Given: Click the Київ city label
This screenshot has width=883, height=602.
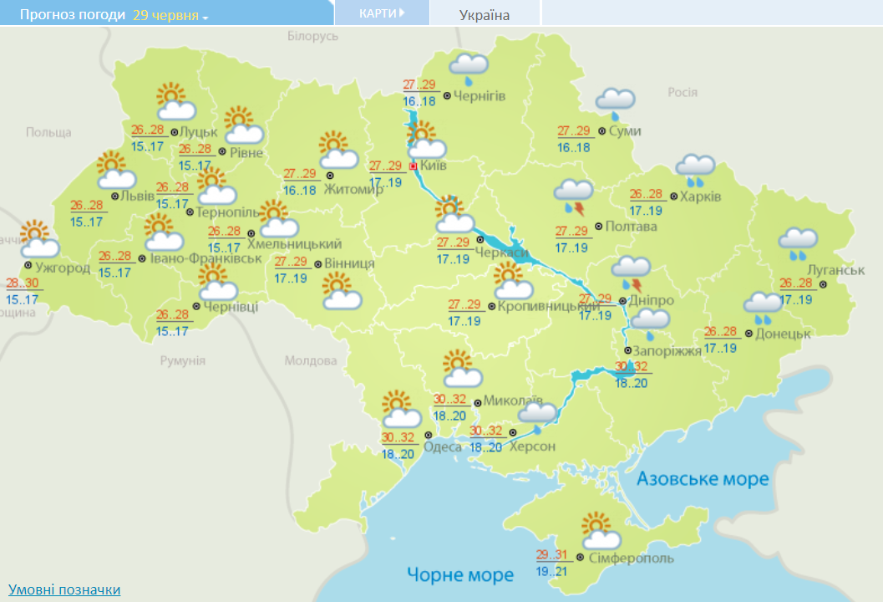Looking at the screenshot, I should pos(434,166).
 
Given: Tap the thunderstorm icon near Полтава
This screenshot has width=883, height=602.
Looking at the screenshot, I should pos(574,197).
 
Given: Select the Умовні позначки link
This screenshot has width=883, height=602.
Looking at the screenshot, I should pos(64,589).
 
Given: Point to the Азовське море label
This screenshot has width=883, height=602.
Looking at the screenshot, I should pos(702,479).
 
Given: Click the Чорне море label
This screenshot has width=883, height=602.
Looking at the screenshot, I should pos(460,574).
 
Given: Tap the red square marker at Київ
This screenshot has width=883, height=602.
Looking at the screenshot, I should pos(414,166).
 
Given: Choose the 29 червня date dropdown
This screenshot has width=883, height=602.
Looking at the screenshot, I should pos(170,15).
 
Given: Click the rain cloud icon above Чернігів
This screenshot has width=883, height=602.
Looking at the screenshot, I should pos(469,69).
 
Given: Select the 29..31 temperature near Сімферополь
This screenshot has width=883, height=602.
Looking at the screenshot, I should pos(553,555).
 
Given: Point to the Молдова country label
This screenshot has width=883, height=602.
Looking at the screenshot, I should pos(310,361).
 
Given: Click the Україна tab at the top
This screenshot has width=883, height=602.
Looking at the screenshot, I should pos(485,14).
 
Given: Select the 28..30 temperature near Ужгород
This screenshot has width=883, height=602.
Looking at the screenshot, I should pos(23,283).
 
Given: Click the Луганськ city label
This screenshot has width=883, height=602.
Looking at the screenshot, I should pos(835,270).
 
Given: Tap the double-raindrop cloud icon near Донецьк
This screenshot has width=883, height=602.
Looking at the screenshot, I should pos(763,308).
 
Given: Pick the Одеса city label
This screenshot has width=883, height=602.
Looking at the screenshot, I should pos(442,447).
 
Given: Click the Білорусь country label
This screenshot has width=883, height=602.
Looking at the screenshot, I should pos(313,36).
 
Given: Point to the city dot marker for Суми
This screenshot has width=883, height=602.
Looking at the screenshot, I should pos(601,131).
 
